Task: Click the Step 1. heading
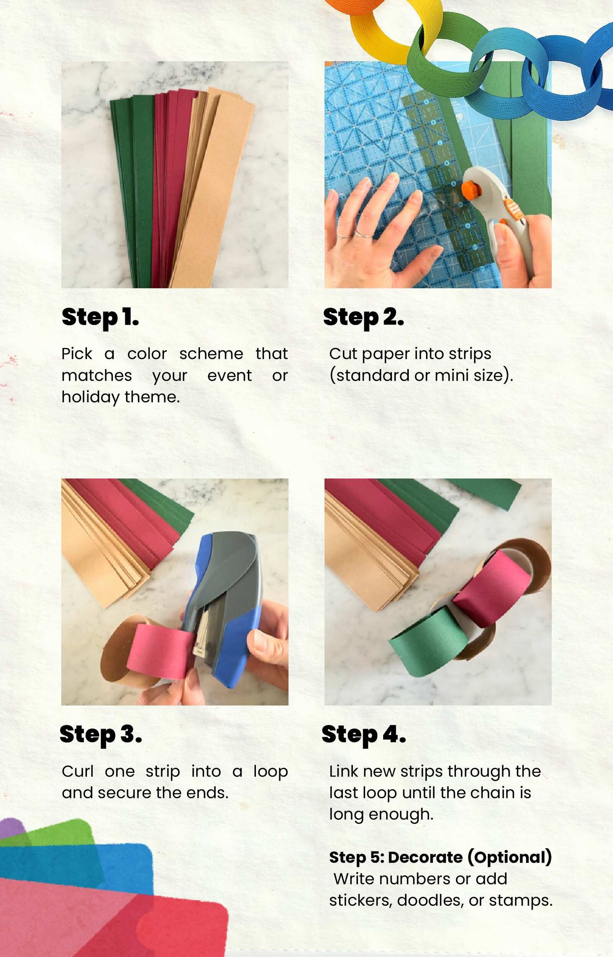tap(100, 318)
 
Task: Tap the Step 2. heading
tap(363, 318)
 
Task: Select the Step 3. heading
tap(101, 735)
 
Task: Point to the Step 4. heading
tap(364, 735)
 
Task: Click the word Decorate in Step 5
tap(425, 857)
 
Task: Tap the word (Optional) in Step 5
tap(510, 858)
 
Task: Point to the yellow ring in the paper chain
tap(380, 31)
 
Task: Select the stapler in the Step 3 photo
tap(225, 609)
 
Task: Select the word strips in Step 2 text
tap(470, 354)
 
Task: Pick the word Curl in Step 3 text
tap(77, 771)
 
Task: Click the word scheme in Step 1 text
tap(211, 354)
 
